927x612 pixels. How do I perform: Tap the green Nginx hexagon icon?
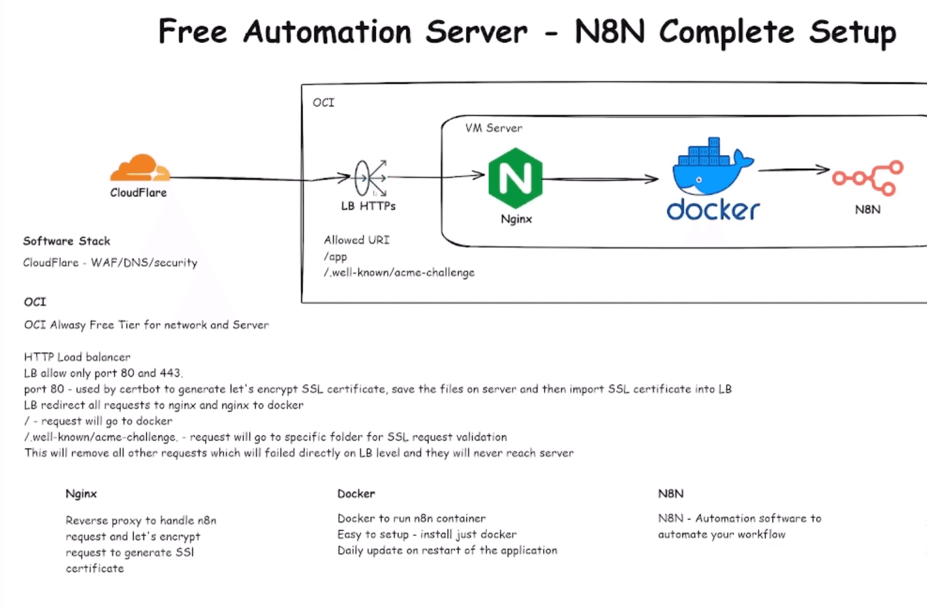tap(516, 178)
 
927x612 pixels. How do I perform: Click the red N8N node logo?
tap(868, 178)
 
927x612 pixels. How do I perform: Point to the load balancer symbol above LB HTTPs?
tap(369, 178)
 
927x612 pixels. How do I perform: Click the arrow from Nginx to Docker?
tap(601, 179)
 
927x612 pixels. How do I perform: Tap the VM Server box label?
tap(493, 128)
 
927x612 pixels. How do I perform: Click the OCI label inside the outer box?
tap(324, 103)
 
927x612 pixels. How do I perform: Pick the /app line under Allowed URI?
tap(335, 256)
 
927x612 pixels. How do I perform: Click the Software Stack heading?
tap(66, 241)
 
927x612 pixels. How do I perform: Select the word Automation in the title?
tap(327, 32)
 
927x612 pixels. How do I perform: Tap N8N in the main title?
tap(609, 32)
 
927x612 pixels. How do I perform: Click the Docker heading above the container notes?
tap(356, 494)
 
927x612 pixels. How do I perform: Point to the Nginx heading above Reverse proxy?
tap(81, 494)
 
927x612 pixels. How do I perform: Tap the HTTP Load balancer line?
tap(77, 357)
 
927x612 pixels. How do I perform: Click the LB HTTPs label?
tap(368, 206)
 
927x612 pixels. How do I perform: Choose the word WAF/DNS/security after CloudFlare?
tap(144, 263)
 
